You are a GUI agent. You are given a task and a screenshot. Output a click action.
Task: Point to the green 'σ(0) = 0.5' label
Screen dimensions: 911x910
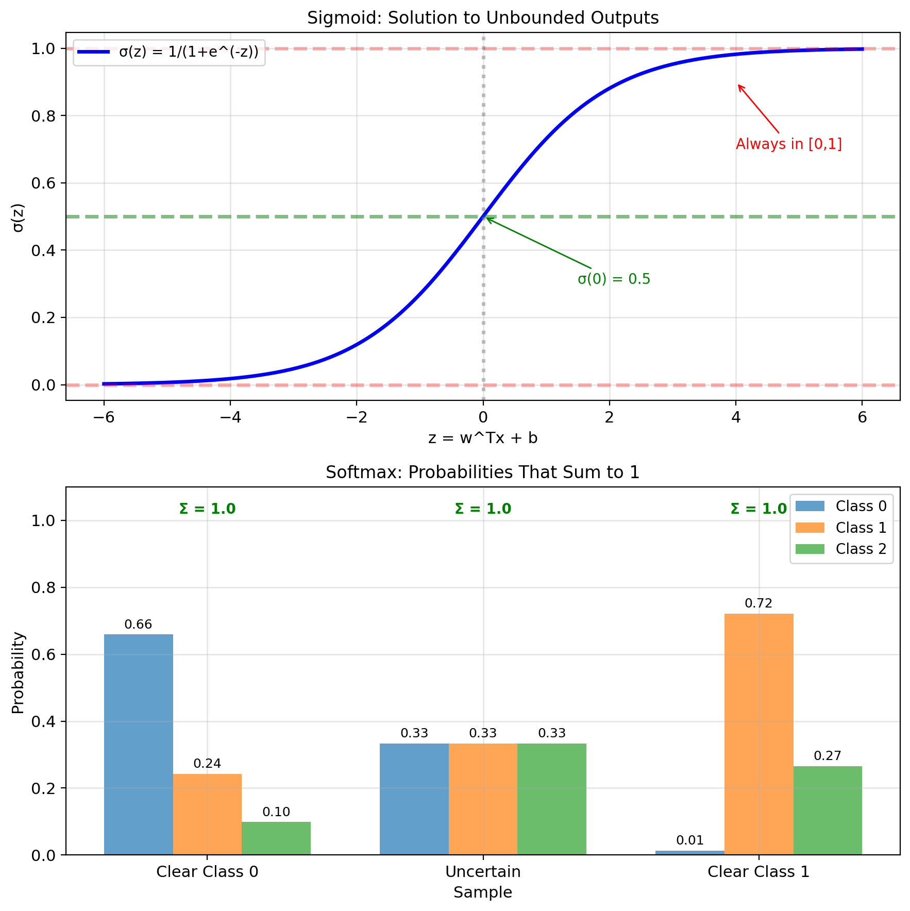pos(614,279)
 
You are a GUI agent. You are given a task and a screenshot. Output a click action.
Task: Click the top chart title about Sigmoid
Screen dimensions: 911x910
pos(483,18)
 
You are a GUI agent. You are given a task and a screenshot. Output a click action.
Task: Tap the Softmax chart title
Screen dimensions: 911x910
pos(483,473)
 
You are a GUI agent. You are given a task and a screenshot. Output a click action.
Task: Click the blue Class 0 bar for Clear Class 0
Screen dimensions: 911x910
pos(139,744)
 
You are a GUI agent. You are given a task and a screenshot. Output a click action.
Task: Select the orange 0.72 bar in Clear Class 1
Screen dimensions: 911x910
pos(759,734)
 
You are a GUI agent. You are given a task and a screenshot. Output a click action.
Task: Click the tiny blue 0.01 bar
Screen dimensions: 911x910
pos(689,853)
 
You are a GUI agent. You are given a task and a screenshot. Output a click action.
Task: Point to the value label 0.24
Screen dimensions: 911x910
pos(207,764)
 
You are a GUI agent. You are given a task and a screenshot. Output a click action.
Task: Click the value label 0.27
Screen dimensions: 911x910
pos(828,756)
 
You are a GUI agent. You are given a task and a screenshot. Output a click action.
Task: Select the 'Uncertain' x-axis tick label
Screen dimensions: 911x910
pos(483,872)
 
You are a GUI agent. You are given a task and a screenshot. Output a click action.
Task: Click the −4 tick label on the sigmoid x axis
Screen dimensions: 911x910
pos(230,417)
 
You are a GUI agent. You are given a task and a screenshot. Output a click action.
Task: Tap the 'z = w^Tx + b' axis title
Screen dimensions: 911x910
pos(483,438)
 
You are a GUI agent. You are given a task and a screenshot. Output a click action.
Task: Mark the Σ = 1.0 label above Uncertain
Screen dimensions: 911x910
pos(483,509)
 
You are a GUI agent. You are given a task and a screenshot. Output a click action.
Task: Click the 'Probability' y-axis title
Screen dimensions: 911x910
pos(18,672)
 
